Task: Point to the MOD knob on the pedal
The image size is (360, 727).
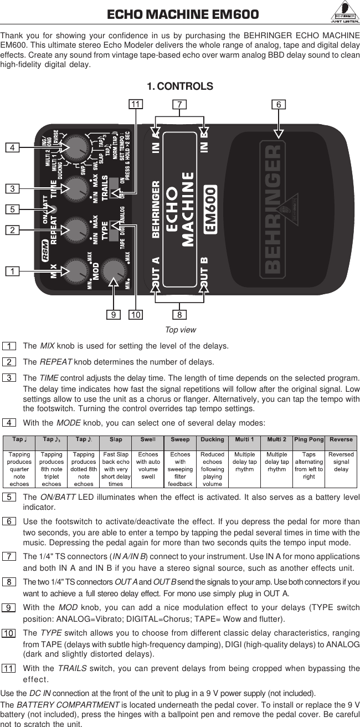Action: point(114,270)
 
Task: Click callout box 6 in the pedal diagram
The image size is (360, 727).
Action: point(280,105)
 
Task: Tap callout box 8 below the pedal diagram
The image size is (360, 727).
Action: point(180,315)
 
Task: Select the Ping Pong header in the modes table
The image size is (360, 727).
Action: point(309,439)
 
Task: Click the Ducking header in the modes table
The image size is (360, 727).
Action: point(212,439)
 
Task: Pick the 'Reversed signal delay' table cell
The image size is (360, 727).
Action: point(341,462)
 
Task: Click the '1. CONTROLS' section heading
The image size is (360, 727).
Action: point(179,86)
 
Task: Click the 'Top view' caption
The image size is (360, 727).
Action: point(180,330)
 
